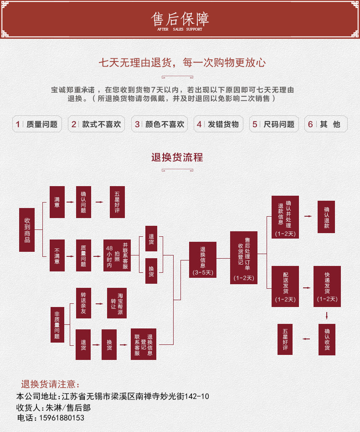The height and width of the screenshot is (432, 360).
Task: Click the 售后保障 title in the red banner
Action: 180,19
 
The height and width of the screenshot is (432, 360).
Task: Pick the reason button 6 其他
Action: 325,124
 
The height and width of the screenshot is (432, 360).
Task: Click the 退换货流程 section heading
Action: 177,157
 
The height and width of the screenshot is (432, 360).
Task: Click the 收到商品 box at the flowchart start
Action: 27,230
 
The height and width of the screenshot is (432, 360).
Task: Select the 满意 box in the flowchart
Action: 57,202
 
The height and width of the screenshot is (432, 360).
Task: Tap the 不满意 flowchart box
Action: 57,255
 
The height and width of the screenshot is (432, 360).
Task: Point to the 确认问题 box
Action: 83,202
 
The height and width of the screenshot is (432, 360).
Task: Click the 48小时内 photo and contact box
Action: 117,255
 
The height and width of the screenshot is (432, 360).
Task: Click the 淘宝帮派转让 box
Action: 117,303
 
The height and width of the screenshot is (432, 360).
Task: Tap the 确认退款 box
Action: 327,217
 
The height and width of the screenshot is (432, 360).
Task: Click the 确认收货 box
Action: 327,339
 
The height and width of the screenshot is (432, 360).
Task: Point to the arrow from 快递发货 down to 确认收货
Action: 327,315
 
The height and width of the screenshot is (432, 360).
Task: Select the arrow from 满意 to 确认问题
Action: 70,202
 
